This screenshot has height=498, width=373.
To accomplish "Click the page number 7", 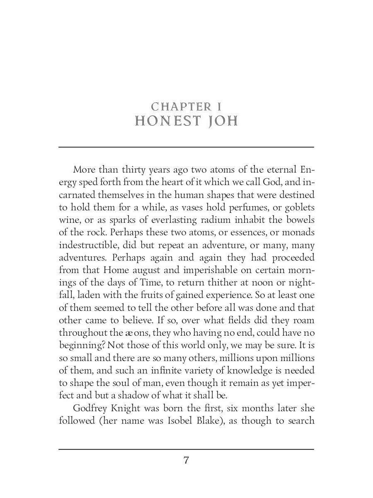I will tap(186, 460).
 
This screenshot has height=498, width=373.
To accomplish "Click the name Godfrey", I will tap(90, 408).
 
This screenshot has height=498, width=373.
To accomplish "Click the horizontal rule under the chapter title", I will tap(186, 147).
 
